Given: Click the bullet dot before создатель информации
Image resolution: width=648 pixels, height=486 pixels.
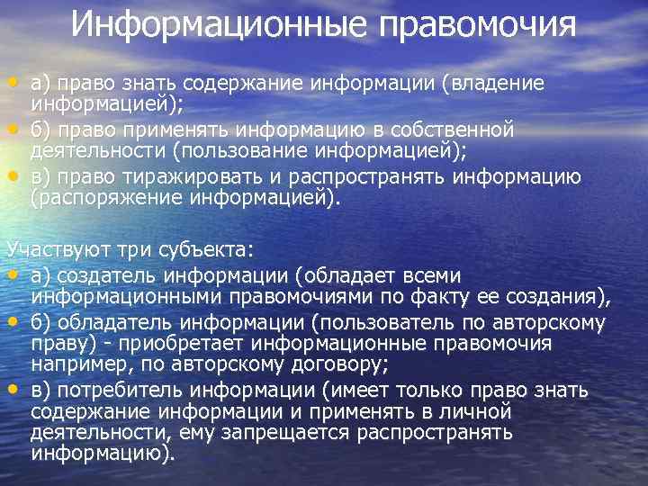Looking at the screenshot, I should [13, 272].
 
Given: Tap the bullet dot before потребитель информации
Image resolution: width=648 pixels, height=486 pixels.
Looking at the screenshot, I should [13, 389].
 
